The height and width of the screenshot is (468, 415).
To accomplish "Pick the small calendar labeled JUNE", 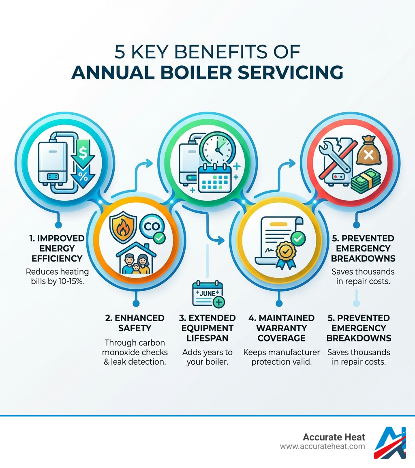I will [x=208, y=293].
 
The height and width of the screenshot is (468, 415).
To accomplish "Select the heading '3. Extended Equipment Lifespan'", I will [x=208, y=328].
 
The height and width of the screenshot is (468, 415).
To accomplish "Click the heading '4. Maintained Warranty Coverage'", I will [x=281, y=328].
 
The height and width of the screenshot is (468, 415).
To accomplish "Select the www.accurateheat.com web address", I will [x=322, y=447].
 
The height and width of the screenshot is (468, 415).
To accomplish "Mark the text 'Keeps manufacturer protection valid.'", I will [x=281, y=357].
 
